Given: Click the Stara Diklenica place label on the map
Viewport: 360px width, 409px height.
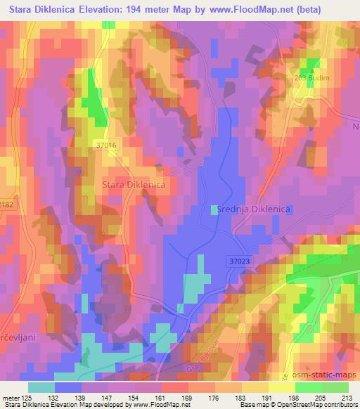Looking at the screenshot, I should pyautogui.click(x=134, y=184).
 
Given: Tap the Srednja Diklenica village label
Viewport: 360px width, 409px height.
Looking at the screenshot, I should pyautogui.click(x=251, y=209).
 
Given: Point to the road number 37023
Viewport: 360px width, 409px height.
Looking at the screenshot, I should pyautogui.click(x=238, y=261).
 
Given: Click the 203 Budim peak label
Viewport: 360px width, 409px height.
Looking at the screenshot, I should pyautogui.click(x=311, y=78).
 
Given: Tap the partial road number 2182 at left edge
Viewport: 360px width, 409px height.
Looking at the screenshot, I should pyautogui.click(x=6, y=204).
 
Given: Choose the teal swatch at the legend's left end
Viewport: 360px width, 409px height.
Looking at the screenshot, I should pyautogui.click(x=41, y=387).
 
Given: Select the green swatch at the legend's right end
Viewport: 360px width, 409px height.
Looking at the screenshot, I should pyautogui.click(x=335, y=387).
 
